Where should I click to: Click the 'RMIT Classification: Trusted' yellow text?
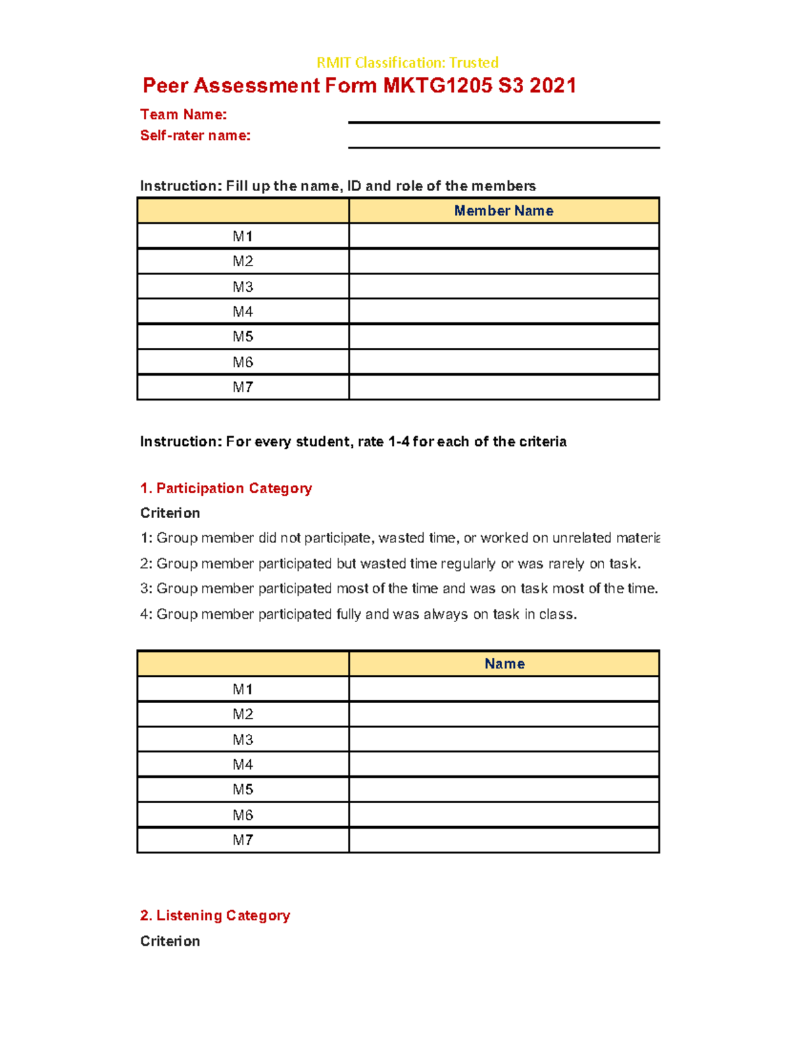point(407,63)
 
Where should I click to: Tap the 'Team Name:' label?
point(183,114)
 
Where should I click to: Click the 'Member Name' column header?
point(503,211)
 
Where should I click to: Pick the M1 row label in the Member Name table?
point(243,236)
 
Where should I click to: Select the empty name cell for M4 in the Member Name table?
point(503,311)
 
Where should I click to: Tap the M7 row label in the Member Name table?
point(243,387)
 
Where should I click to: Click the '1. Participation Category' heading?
point(226,488)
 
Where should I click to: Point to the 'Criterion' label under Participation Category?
point(170,513)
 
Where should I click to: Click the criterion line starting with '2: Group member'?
point(390,564)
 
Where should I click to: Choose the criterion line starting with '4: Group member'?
point(358,615)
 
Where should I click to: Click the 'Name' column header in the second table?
point(504,664)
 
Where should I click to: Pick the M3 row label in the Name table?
point(243,740)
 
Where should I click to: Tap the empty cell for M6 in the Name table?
point(503,815)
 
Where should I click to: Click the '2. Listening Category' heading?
point(215,916)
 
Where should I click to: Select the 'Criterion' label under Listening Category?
point(170,942)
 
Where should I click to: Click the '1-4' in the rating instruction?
point(399,442)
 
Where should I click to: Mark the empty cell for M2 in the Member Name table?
point(503,261)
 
